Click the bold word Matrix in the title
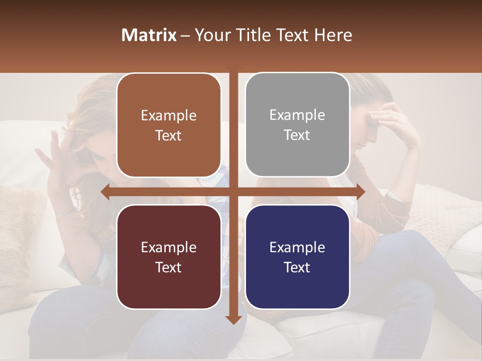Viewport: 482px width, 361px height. tap(149, 35)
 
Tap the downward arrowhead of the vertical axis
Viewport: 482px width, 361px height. tap(233, 319)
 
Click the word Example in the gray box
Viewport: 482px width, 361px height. tap(297, 115)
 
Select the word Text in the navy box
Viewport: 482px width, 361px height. tap(297, 267)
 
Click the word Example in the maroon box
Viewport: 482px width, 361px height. tap(169, 247)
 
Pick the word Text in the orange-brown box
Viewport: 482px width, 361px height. tap(169, 135)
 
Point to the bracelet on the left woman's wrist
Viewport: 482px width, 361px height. tap(64, 213)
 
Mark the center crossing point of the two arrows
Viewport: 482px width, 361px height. tap(233, 192)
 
